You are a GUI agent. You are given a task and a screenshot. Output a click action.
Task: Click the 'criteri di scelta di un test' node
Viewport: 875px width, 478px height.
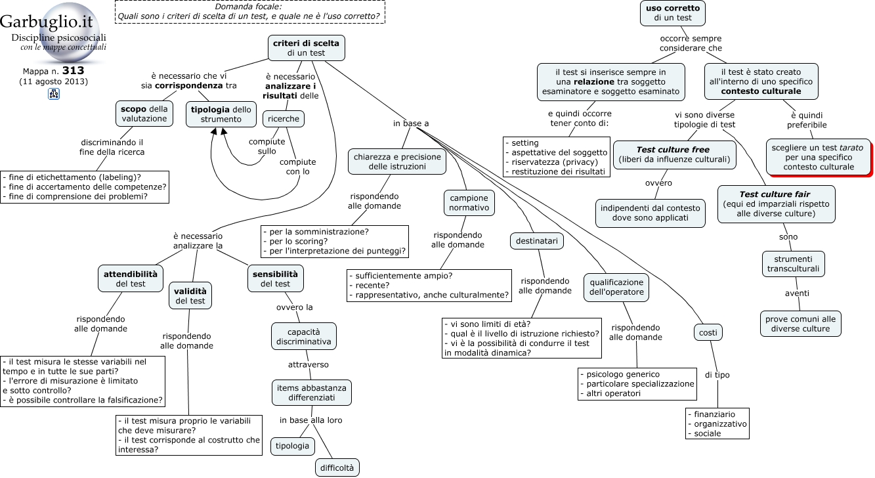(307, 48)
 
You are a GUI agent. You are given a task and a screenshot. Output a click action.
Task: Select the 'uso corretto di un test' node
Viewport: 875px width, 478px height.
(673, 13)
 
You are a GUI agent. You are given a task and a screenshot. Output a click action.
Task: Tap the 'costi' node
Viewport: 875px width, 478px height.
(708, 333)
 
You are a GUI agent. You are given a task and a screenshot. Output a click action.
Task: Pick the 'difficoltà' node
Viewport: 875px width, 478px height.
(337, 468)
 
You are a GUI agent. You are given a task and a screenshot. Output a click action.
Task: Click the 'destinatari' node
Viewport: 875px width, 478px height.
(537, 241)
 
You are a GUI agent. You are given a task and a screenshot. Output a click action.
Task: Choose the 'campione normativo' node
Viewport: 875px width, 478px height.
(469, 203)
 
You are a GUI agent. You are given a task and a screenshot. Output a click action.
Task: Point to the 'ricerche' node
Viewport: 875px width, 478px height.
(284, 119)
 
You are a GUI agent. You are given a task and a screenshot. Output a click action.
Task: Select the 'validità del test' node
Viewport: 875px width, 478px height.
(190, 296)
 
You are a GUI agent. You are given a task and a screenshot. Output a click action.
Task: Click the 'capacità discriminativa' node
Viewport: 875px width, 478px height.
(303, 337)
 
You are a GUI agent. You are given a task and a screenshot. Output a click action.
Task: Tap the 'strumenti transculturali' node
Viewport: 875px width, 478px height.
(794, 264)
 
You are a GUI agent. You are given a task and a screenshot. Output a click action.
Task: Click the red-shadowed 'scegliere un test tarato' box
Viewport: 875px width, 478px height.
(819, 157)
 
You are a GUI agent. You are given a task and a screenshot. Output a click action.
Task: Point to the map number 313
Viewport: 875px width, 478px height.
(74, 70)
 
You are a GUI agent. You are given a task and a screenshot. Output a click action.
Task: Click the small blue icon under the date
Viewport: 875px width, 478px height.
(54, 94)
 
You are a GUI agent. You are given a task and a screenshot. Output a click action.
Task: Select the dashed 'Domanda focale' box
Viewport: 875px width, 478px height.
(250, 12)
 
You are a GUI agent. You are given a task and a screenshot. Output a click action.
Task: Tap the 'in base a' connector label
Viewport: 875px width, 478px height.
(411, 123)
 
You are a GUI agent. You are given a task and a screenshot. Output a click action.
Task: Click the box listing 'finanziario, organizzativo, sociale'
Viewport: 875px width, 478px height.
(717, 424)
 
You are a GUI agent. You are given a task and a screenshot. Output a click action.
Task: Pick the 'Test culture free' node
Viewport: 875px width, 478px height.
(675, 154)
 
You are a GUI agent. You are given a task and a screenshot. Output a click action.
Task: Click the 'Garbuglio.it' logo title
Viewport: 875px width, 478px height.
(46, 22)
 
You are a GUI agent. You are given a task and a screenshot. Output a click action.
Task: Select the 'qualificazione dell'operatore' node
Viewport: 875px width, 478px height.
(616, 288)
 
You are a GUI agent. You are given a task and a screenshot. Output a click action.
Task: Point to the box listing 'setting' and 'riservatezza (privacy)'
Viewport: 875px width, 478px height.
(557, 157)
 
